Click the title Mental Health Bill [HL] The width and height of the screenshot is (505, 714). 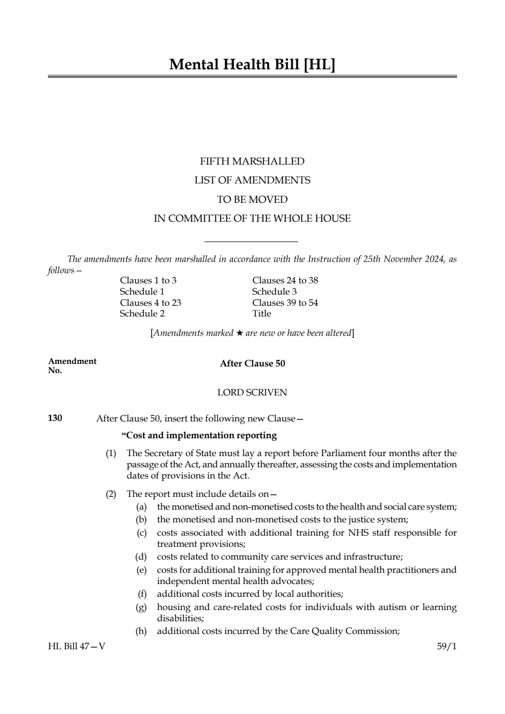(252, 65)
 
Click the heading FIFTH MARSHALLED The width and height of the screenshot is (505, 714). (252, 162)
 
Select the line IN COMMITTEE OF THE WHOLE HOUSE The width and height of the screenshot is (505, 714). (252, 219)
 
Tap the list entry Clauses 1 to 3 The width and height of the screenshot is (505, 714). (148, 280)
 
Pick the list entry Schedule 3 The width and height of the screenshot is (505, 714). (274, 292)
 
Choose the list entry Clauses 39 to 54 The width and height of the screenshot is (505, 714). (285, 303)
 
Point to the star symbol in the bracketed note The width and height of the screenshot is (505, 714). (239, 333)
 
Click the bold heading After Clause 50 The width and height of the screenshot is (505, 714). (252, 363)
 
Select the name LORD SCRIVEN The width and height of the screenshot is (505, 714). (252, 392)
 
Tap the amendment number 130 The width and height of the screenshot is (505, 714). (55, 418)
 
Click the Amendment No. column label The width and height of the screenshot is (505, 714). (72, 365)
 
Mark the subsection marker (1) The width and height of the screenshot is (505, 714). (111, 453)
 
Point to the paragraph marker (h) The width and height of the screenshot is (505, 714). (141, 631)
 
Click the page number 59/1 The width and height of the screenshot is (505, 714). (447, 646)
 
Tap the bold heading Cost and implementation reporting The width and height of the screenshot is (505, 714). (199, 435)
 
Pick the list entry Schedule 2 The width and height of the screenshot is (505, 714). (142, 313)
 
